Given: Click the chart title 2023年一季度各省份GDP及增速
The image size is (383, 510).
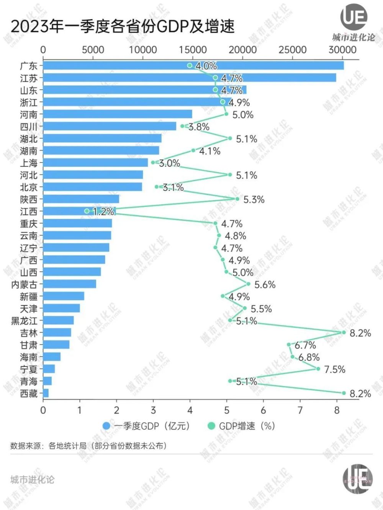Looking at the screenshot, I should click(123, 26).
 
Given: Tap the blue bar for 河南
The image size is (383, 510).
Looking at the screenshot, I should click(117, 114).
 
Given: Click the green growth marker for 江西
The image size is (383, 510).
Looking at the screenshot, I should click(87, 211).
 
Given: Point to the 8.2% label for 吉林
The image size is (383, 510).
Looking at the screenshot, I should click(360, 333).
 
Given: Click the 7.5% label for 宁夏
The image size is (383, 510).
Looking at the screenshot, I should click(334, 369).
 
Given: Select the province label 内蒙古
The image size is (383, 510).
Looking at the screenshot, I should click(25, 284).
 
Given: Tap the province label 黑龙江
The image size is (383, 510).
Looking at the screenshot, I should click(25, 321).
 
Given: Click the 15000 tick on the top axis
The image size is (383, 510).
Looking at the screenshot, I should click(193, 50).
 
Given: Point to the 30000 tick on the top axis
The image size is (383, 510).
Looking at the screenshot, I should click(342, 50).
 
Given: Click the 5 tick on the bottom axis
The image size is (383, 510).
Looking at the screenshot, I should click(227, 411).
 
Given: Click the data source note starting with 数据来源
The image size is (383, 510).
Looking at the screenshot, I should click(88, 446).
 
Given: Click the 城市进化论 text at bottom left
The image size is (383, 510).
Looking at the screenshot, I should click(33, 480).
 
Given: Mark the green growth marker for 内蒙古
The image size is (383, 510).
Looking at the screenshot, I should click(248, 284).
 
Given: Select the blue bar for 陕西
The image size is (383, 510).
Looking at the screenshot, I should click(81, 199).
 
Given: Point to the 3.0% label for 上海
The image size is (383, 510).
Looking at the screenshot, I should click(169, 163).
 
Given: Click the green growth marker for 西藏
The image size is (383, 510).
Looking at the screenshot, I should click(344, 393).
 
